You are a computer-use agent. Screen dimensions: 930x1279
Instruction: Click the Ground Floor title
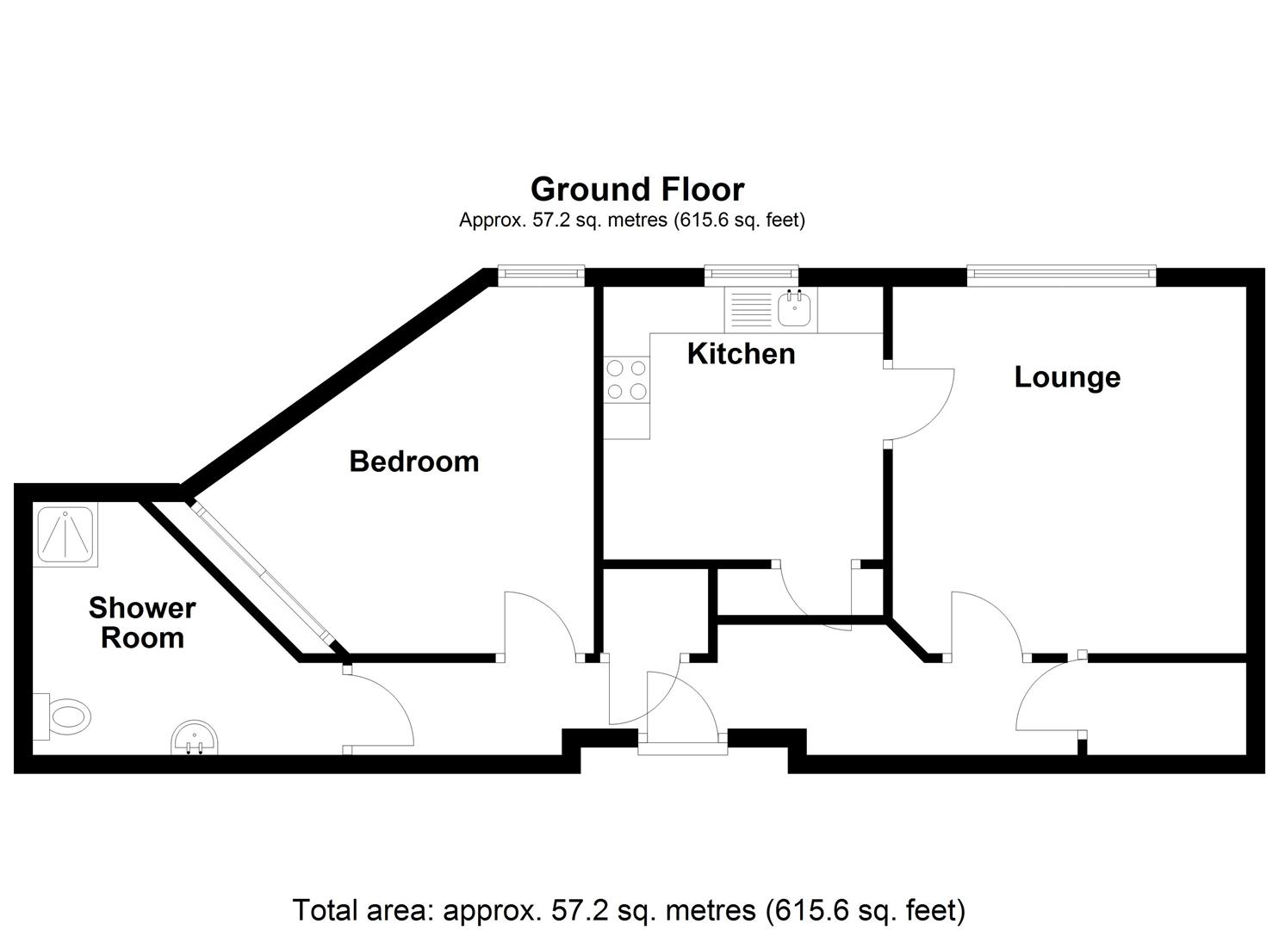[x=637, y=189]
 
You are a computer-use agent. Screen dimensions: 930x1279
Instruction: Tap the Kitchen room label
[x=741, y=354]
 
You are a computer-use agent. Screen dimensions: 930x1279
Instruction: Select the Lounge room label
[x=1067, y=377]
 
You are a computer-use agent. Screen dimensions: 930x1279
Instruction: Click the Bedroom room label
[x=414, y=462]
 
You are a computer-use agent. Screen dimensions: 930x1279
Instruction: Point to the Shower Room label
[x=142, y=623]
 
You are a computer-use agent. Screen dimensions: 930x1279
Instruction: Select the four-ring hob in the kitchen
[x=626, y=380]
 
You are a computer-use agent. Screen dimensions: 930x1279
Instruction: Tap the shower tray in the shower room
[x=67, y=534]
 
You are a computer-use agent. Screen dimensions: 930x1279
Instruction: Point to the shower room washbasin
[x=195, y=739]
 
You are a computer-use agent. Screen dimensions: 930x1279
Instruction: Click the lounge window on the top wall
[x=1060, y=276]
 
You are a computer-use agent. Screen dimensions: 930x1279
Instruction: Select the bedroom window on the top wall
[x=541, y=276]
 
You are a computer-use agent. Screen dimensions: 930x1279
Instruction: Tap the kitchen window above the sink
[x=751, y=276]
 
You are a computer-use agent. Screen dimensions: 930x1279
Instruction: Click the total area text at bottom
[x=629, y=910]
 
